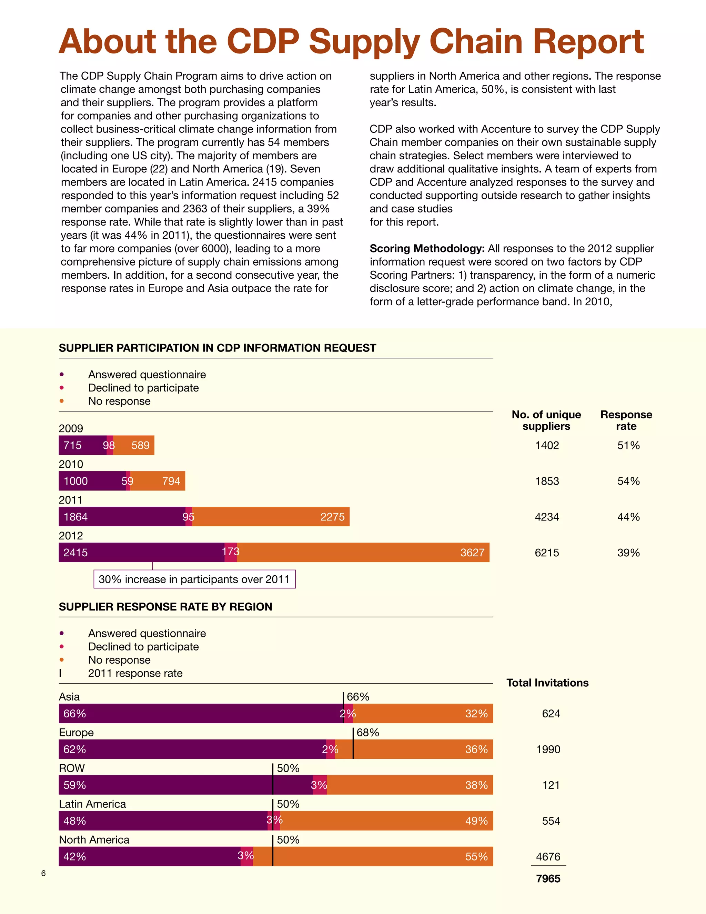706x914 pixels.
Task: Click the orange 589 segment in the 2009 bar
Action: click(134, 445)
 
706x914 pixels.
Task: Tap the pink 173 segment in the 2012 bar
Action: click(231, 553)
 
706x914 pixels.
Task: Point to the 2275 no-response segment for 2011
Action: click(271, 517)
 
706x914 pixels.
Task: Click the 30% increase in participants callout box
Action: click(194, 579)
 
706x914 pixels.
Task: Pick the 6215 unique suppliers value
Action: click(547, 553)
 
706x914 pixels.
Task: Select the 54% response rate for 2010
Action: click(628, 481)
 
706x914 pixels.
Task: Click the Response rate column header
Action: click(626, 420)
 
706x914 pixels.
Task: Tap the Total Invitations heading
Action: click(547, 683)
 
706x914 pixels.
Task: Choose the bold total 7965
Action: click(548, 879)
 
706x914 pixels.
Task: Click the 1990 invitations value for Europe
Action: click(548, 749)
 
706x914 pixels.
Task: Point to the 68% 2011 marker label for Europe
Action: click(367, 732)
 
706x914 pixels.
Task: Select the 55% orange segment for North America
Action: click(373, 857)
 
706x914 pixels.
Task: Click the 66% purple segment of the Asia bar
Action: click(201, 714)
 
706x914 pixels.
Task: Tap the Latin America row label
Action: click(92, 804)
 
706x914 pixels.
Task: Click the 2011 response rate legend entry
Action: click(135, 673)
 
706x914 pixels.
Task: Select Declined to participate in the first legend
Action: click(143, 388)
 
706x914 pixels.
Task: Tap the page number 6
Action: click(43, 873)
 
